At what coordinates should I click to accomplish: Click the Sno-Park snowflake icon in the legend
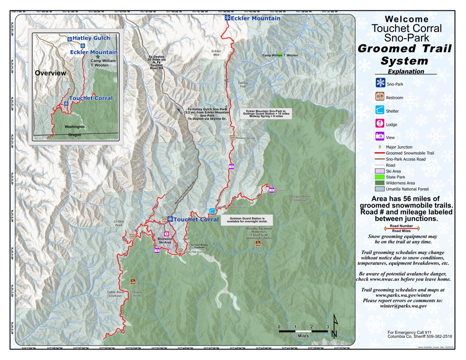coord(380,83)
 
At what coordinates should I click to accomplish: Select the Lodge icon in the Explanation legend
coord(380,123)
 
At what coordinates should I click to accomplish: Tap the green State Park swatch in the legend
coord(380,177)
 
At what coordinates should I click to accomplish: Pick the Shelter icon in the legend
coord(380,110)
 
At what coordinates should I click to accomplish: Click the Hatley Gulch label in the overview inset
coord(91,38)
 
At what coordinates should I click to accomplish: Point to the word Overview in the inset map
coord(50,73)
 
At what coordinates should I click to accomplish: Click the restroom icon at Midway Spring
coord(232,137)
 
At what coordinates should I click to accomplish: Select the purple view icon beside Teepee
coord(271,190)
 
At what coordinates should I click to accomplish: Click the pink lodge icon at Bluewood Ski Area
coord(166,234)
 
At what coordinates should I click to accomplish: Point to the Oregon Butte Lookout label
coord(300,198)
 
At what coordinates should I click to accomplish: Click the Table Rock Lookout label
coord(115,294)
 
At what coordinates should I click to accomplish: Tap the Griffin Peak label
coord(119,223)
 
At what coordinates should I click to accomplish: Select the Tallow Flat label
coord(243,85)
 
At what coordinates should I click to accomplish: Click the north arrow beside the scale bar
coord(334,326)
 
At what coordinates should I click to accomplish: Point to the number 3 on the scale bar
coord(327,327)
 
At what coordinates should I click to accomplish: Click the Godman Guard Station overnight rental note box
coord(247,220)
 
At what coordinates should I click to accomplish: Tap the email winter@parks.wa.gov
coord(403,306)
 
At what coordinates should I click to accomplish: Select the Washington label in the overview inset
coord(75,127)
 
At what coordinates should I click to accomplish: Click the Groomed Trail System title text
coord(404,54)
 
